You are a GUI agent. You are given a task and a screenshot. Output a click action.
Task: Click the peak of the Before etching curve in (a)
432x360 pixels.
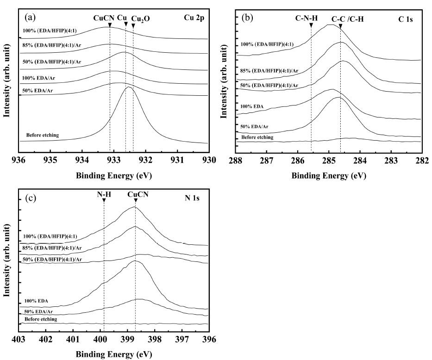click(129, 87)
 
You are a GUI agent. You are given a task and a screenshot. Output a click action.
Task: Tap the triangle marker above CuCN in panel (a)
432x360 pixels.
click(110, 25)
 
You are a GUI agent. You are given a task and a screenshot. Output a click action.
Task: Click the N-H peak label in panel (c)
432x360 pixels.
click(104, 194)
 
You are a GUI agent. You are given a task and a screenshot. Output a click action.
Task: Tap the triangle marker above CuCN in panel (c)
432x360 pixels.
click(135, 201)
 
